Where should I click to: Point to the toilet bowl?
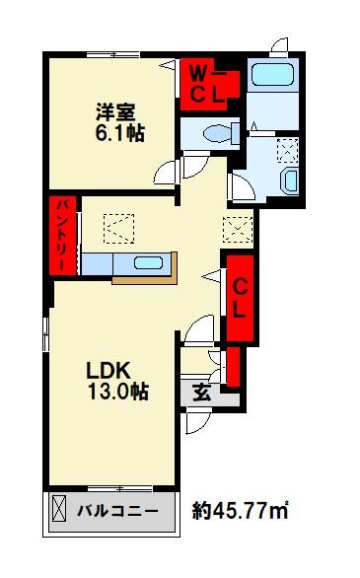[x=214, y=132]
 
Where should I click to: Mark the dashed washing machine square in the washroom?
[x=290, y=149]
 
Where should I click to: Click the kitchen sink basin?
[x=148, y=263]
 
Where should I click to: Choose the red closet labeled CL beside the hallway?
[x=239, y=296]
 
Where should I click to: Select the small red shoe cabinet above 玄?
[x=233, y=365]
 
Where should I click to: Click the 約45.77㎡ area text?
[x=240, y=512]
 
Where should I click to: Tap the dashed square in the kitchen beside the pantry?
[x=117, y=229]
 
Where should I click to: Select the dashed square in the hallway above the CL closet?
[x=238, y=228]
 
